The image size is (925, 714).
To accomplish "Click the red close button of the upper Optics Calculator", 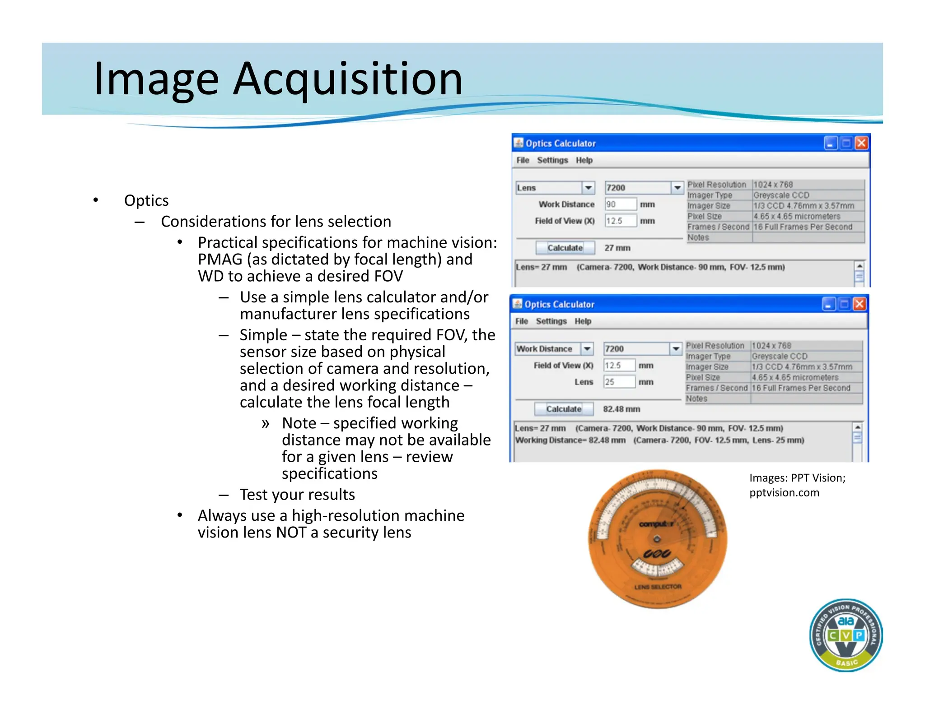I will (x=861, y=143).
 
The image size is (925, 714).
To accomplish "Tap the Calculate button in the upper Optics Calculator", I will (x=565, y=248).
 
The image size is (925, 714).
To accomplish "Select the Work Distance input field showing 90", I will (x=621, y=204).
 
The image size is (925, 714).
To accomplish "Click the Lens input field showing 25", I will (x=619, y=382).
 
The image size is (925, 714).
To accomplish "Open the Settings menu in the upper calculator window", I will (x=552, y=160).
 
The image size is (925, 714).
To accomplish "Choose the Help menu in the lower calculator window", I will (x=583, y=321).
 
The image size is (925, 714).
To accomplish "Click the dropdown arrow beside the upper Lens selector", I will (x=588, y=188).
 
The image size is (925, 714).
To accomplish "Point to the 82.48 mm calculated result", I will (x=621, y=409).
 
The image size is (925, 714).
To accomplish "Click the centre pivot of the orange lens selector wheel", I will (x=657, y=539).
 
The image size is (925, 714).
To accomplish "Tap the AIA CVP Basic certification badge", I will (x=846, y=635).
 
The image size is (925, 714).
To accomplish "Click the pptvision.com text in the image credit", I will (x=784, y=492).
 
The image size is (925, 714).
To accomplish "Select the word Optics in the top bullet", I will (x=146, y=200).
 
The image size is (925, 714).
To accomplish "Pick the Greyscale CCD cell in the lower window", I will (x=779, y=356).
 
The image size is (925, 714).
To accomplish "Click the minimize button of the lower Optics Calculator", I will (x=828, y=305).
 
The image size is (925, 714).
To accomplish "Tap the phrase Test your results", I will (x=297, y=495).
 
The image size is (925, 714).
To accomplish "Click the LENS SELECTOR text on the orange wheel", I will (x=658, y=587).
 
